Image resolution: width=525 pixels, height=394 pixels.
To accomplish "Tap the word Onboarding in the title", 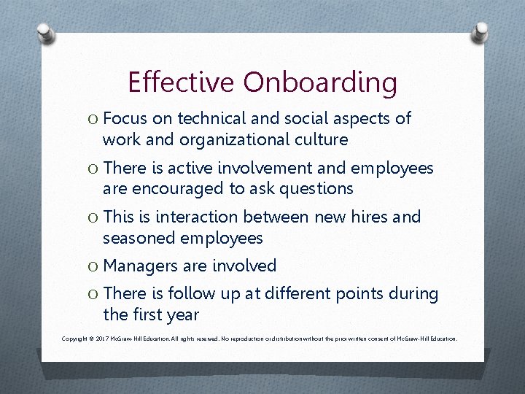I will click(x=321, y=83).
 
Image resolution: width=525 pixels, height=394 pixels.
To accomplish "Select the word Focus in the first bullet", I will click(x=125, y=118).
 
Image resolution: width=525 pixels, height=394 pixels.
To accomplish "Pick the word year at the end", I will click(x=182, y=315).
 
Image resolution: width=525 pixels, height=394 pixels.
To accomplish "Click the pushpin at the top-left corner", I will click(x=45, y=32).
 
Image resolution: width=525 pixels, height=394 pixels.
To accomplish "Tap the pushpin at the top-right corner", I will click(x=481, y=31).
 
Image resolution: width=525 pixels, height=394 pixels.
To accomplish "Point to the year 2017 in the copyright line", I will click(x=101, y=339).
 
